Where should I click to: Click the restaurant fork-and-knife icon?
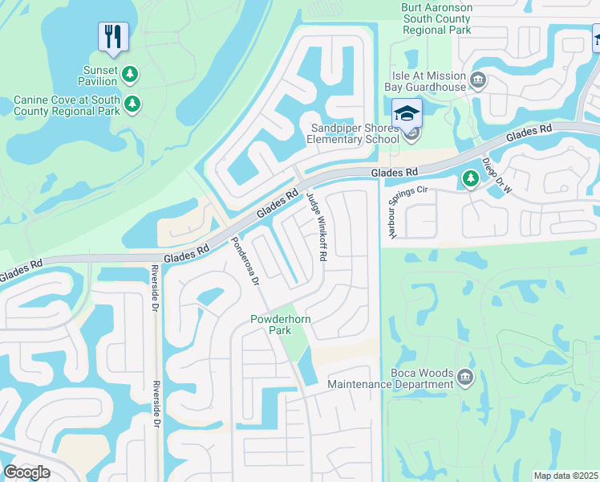tap(113, 36)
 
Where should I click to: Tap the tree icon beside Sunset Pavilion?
tap(130, 75)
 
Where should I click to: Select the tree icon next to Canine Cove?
tap(133, 104)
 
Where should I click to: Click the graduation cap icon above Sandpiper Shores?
tap(407, 112)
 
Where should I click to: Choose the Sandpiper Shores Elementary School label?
tap(355, 133)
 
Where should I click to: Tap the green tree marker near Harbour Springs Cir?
tap(471, 179)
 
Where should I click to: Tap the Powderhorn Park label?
tap(281, 325)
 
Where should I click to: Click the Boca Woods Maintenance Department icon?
tap(464, 377)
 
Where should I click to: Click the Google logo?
tap(26, 472)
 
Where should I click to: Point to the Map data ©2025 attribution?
tap(565, 476)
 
